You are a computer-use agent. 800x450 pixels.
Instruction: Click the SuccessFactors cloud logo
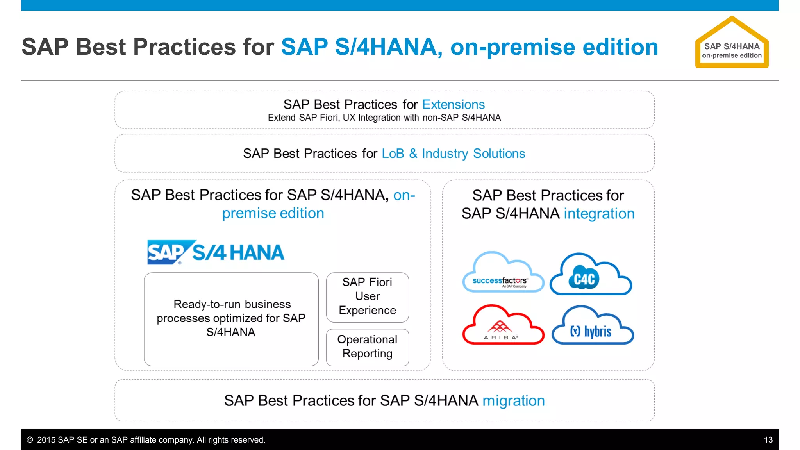(503, 273)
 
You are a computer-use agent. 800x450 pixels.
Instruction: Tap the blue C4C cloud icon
(590, 275)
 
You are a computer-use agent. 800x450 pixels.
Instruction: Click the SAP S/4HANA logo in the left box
(216, 252)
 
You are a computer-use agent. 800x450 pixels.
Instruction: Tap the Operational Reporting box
(367, 347)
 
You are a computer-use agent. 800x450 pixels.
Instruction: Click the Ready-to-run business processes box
(231, 319)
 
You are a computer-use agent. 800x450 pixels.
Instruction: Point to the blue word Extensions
(453, 104)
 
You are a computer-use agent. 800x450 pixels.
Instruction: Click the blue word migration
(513, 401)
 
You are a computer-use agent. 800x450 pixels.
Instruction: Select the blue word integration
(599, 214)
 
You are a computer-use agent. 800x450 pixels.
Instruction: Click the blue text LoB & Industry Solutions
(453, 154)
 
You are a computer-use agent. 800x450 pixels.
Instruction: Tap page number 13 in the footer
(768, 440)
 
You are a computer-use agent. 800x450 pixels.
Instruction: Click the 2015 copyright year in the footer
(46, 440)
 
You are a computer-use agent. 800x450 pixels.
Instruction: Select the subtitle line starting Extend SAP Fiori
(384, 118)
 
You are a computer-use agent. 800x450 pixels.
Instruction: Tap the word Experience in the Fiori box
(367, 310)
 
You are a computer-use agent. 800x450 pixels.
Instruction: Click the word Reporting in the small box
(367, 354)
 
